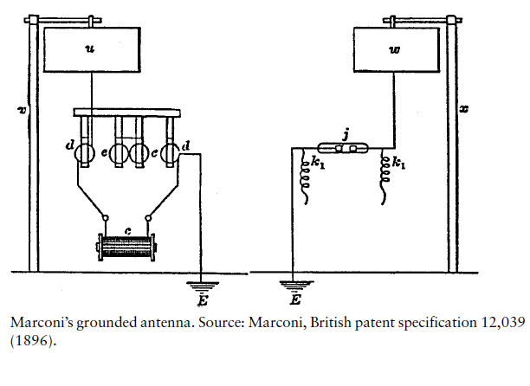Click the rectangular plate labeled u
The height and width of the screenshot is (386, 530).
pos(90,50)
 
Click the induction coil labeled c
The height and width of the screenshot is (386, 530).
pos(127,245)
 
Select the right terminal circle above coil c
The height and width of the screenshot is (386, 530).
pos(150,217)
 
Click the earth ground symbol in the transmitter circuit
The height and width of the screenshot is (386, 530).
pos(204,282)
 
